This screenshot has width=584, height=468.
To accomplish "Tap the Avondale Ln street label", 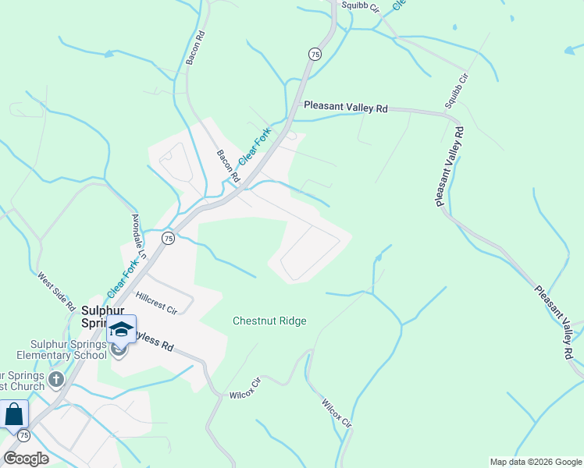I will point(139,236).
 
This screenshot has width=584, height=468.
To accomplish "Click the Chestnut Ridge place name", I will point(269,321).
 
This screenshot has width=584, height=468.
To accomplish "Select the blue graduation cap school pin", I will point(121,329).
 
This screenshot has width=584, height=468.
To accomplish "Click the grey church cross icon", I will point(55,380).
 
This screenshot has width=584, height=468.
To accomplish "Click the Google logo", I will point(26,459).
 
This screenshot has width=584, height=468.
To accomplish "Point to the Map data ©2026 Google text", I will point(535,462).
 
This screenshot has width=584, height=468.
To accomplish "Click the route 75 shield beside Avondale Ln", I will point(167,237).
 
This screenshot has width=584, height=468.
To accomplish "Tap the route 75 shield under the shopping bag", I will point(23,435).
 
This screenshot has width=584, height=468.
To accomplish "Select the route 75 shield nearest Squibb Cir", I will point(314,53).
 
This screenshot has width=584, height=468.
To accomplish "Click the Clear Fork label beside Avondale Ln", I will point(123,278).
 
